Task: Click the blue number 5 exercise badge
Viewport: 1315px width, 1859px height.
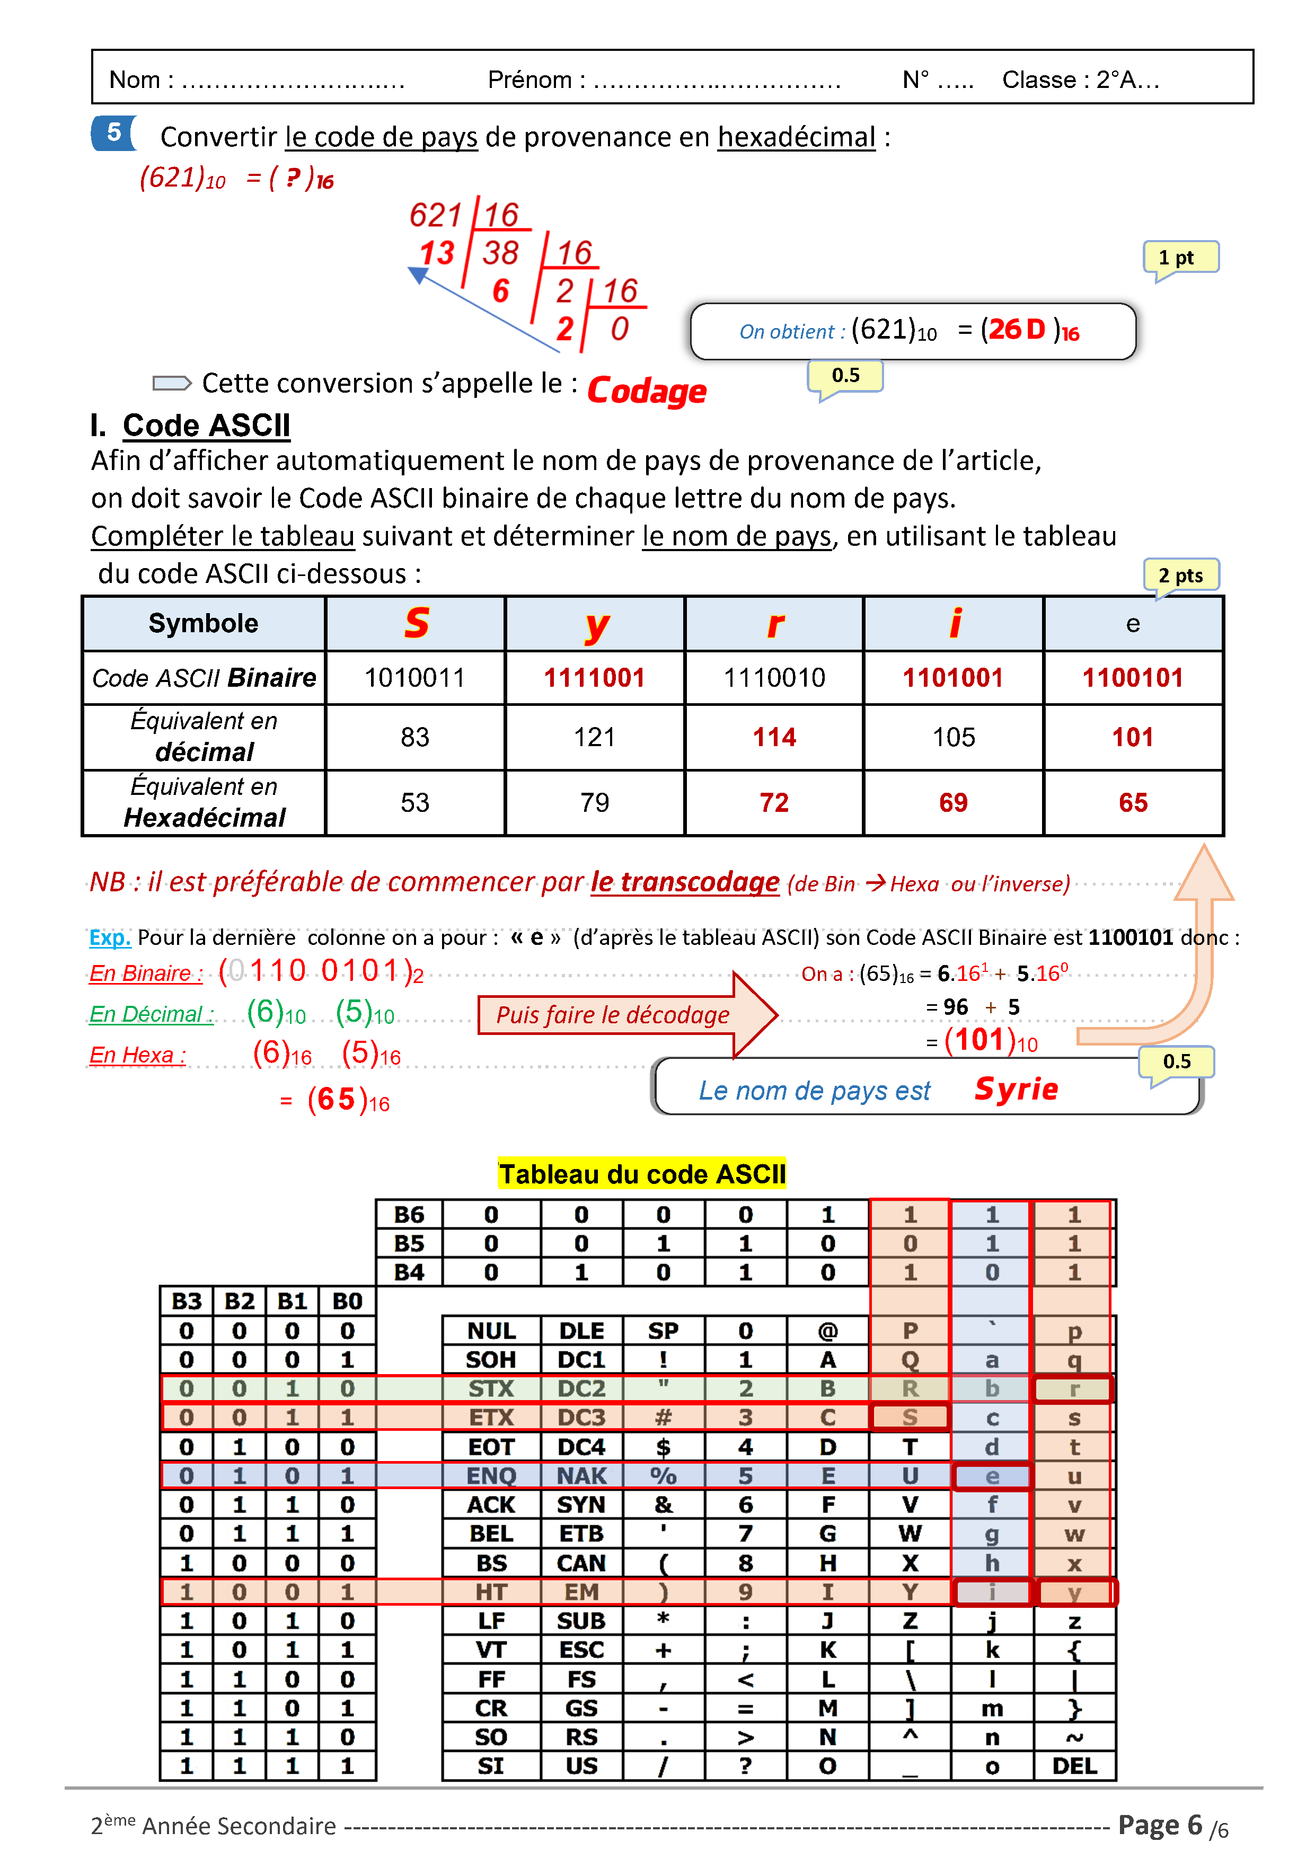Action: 113,133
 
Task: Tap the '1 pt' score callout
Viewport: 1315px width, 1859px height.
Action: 1180,258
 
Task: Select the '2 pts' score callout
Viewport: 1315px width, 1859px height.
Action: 1180,576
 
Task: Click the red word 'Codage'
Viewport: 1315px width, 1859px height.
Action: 646,391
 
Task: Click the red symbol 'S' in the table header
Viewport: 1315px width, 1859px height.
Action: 416,623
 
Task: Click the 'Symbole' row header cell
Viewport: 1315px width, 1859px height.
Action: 203,623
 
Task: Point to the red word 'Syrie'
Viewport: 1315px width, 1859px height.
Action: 1016,1089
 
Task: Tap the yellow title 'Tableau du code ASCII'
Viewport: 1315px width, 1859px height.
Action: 641,1174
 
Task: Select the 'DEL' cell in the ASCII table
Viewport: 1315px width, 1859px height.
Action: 1074,1766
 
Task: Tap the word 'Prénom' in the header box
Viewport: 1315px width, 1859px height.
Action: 529,80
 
